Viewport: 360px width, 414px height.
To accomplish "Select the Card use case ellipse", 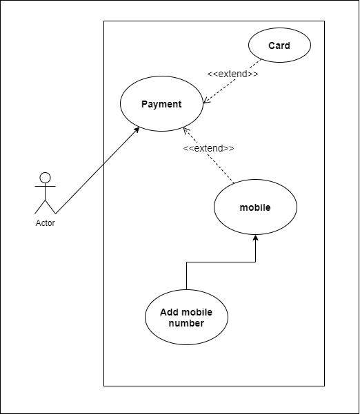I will point(279,46).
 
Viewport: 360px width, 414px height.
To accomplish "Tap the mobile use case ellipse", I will point(255,207).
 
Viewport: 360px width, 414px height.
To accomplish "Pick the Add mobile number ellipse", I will point(186,318).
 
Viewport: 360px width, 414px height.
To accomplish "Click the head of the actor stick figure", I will point(46,177).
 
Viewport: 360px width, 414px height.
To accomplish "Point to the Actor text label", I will point(46,223).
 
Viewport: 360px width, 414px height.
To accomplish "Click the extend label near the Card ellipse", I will point(233,74).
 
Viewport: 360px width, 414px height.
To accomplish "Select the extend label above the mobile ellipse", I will point(209,148).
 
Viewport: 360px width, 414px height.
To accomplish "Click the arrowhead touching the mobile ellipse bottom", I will point(256,238).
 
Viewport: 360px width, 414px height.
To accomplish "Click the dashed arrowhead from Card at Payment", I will point(206,103).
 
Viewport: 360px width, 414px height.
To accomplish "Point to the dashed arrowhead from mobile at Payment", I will point(184,130).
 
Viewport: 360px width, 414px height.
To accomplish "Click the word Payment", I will point(161,105).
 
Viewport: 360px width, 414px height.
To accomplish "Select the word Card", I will point(279,46).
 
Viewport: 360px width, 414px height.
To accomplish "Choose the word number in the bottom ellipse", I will point(186,323).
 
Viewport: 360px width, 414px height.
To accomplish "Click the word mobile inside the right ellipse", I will point(255,207).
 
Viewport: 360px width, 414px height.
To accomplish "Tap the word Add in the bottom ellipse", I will point(170,313).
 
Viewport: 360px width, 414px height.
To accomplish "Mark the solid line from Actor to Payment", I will point(97,171).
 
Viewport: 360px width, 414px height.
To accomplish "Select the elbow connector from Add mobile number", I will point(221,262).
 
